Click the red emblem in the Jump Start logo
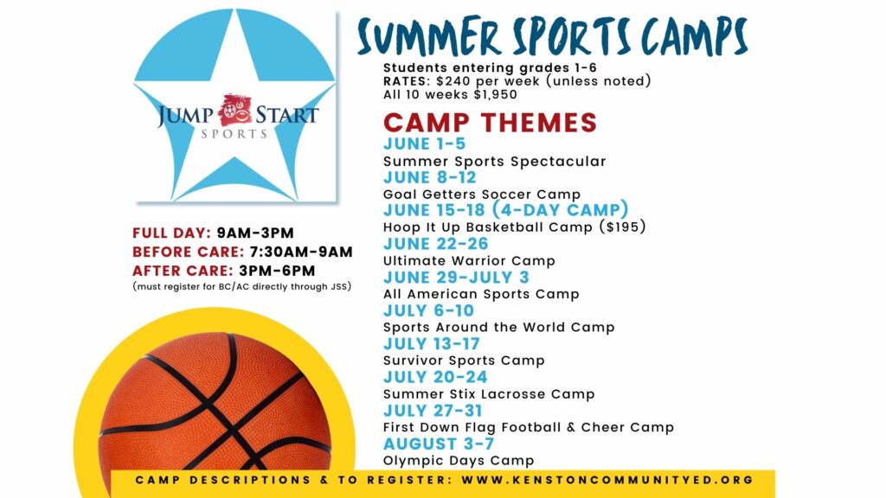pos(234,110)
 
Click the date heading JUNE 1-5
pos(424,144)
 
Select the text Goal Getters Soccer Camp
pos(482,195)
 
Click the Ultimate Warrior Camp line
pos(469,261)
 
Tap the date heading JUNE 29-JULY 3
pos(457,278)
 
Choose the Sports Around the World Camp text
pos(499,327)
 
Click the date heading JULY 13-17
pos(432,344)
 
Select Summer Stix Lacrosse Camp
pos(489,393)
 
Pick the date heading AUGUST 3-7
pos(439,444)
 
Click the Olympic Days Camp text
pos(459,460)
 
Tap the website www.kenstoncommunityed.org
pos(607,480)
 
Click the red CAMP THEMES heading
pos(490,123)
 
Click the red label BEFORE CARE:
pos(188,252)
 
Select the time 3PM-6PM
pos(277,271)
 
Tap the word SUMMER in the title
pos(429,36)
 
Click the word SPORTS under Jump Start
pos(234,134)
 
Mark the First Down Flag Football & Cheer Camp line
pos(529,427)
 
